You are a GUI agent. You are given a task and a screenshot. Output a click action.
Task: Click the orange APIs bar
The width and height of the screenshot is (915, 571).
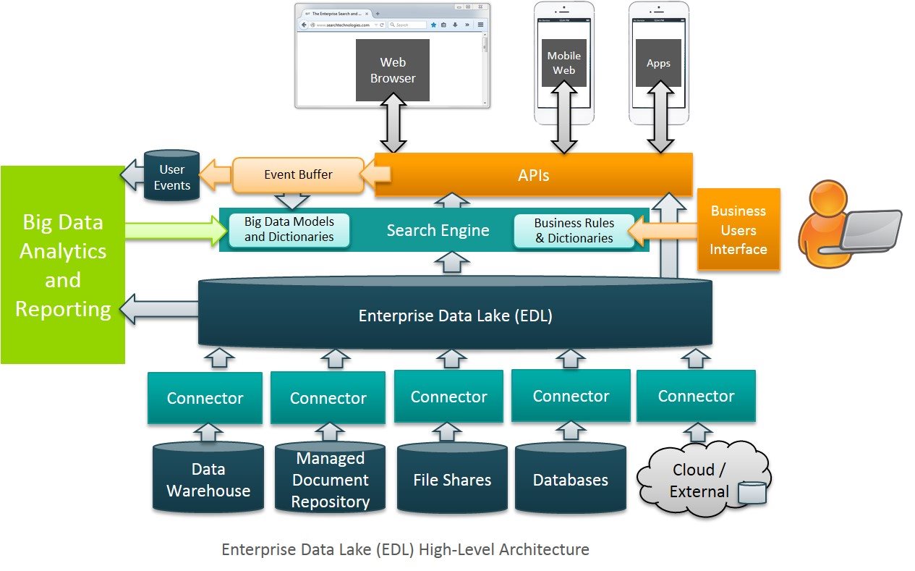point(534,174)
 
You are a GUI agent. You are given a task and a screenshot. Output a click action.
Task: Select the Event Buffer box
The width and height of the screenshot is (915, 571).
point(297,174)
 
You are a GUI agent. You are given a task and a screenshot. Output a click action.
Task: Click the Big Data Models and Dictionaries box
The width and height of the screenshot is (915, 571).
point(289,229)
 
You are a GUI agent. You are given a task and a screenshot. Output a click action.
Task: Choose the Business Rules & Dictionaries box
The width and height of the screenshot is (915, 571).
point(574,230)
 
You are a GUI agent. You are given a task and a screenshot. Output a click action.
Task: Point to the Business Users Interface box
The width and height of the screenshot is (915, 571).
point(738,229)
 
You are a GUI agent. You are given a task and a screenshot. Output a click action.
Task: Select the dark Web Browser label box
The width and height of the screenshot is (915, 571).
point(393,70)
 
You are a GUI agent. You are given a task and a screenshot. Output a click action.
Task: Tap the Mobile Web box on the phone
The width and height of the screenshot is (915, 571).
point(563,62)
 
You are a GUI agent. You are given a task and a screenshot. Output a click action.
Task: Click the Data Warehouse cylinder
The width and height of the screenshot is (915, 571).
point(208,480)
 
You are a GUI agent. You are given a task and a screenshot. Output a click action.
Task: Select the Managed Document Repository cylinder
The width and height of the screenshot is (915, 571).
point(330,480)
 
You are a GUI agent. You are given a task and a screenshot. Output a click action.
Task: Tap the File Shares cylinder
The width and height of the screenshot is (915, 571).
point(452,480)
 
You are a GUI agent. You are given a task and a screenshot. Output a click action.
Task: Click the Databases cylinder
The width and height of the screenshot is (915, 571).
point(570,480)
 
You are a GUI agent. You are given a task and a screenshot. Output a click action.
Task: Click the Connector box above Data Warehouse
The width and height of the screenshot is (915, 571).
point(205,397)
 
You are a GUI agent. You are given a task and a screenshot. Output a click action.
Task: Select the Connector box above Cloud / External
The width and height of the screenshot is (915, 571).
point(696,396)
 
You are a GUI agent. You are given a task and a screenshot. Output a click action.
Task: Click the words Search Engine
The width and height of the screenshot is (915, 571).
point(438,231)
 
